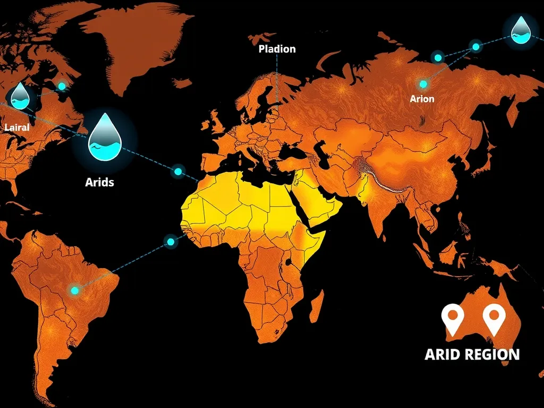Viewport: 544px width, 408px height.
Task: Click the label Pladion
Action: pyautogui.click(x=277, y=49)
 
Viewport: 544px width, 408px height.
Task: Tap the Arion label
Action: pyautogui.click(x=422, y=99)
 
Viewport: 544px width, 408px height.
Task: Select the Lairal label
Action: pyautogui.click(x=16, y=127)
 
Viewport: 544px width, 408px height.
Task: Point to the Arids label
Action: pyautogui.click(x=99, y=182)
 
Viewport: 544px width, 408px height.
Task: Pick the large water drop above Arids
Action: pyautogui.click(x=105, y=137)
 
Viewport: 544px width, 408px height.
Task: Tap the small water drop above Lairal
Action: pyautogui.click(x=20, y=96)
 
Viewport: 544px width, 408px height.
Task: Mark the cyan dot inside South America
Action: pyautogui.click(x=74, y=290)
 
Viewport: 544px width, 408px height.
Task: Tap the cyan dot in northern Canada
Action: pyautogui.click(x=62, y=86)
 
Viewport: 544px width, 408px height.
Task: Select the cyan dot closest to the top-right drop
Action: pyautogui.click(x=476, y=47)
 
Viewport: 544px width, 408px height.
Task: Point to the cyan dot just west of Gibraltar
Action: pyautogui.click(x=178, y=172)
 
